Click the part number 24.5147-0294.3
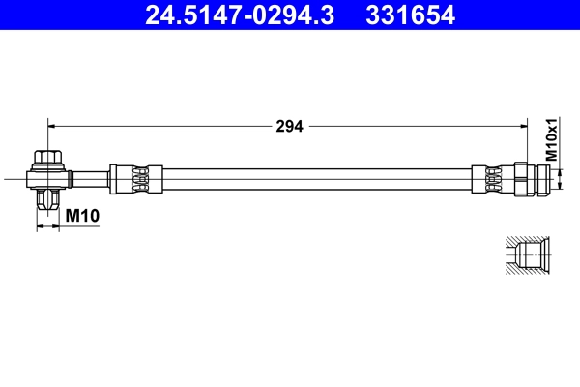pos(242,15)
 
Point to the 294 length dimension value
pos(289,126)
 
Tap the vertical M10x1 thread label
pos(552,140)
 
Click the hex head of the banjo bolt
pos(47,158)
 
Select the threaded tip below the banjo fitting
pos(47,200)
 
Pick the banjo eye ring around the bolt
pos(47,177)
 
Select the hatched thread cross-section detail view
pos(527,255)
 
